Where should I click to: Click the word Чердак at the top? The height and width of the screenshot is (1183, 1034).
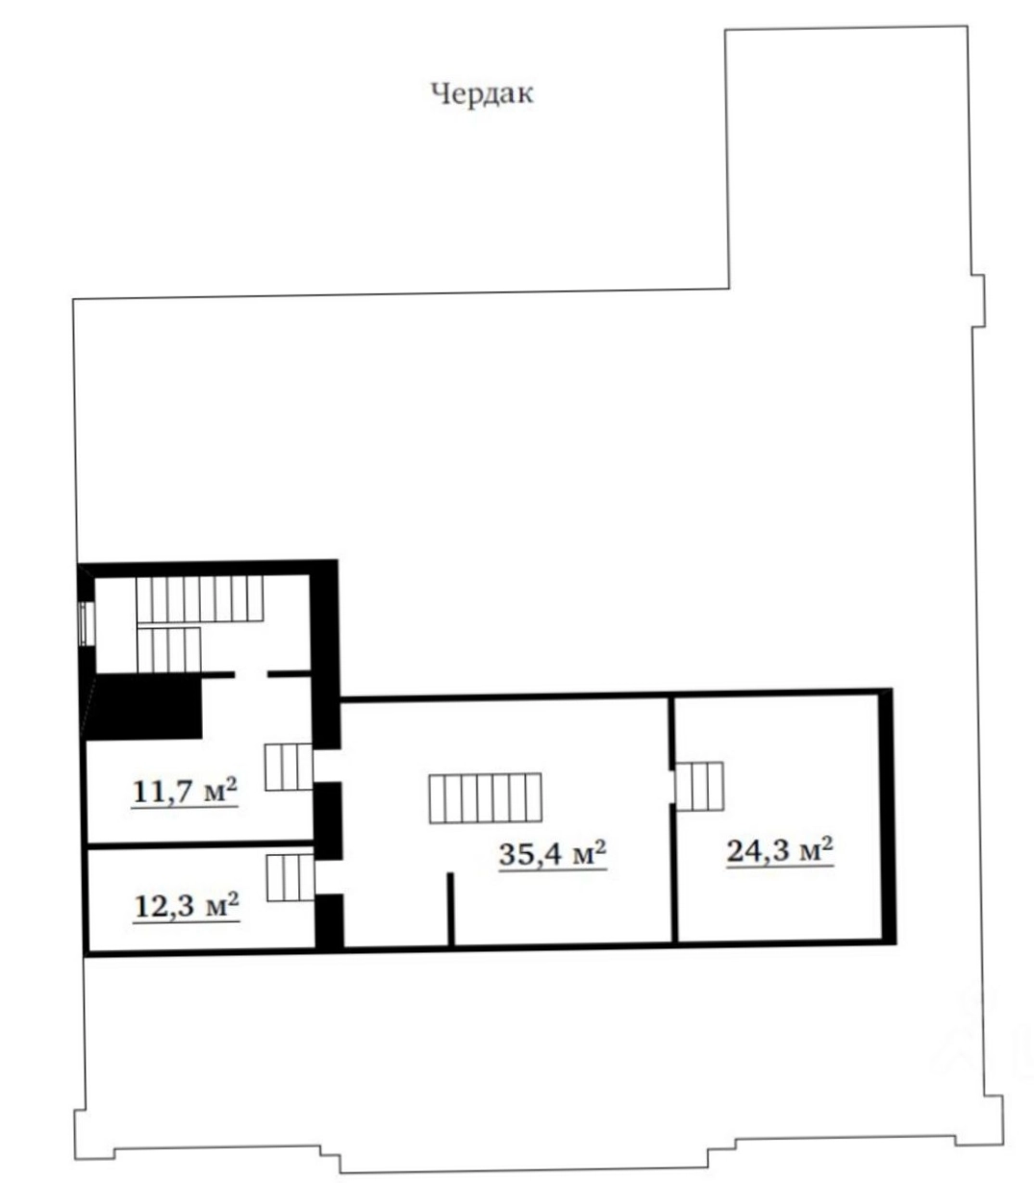click(482, 93)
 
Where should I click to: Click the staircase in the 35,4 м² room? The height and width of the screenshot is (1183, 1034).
click(485, 798)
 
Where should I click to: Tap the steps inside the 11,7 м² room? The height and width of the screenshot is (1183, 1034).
click(289, 768)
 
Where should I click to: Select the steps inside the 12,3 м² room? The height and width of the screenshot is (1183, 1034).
click(290, 878)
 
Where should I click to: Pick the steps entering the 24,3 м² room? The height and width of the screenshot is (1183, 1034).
click(699, 786)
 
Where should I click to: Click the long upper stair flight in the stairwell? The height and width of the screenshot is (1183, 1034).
click(200, 598)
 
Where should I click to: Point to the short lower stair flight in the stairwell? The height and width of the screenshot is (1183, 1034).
click(169, 650)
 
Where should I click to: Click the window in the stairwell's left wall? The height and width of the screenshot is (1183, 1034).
click(86, 623)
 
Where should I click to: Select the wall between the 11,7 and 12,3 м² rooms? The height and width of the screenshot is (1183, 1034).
click(200, 844)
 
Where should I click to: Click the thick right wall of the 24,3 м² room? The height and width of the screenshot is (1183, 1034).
click(888, 816)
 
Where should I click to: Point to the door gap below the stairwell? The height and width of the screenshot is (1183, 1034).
click(251, 674)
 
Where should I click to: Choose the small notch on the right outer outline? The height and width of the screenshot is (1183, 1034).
click(979, 301)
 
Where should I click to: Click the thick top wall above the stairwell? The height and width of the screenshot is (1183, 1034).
click(208, 567)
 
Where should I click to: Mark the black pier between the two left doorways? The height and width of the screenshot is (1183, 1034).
click(328, 820)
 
